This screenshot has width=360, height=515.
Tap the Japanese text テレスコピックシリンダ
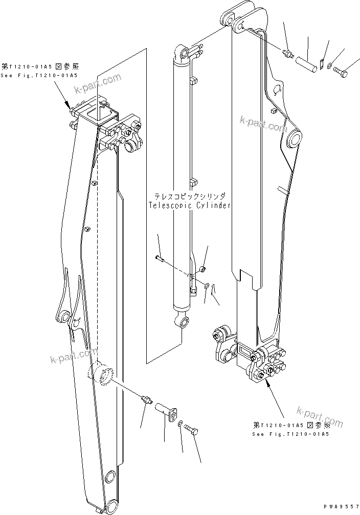(x=189, y=196)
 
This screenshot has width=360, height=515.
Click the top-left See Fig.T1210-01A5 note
(x=39, y=75)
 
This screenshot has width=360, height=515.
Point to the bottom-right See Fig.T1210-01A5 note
(x=290, y=434)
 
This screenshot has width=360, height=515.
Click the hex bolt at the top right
(x=341, y=74)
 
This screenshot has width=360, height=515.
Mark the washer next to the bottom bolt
(x=181, y=424)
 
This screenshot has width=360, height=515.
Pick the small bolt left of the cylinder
(x=159, y=259)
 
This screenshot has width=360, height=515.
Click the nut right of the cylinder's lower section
(x=202, y=269)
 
